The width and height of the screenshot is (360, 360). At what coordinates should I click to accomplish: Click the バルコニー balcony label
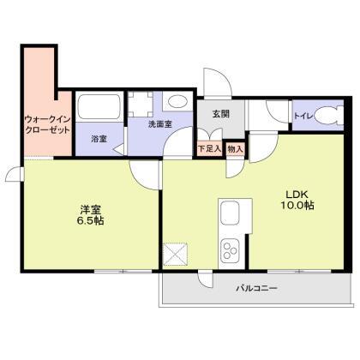257,289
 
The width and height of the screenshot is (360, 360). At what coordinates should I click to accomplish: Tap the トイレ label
303,114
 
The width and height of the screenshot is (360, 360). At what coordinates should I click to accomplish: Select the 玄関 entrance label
210,113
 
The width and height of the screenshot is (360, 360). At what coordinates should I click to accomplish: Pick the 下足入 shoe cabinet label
209,148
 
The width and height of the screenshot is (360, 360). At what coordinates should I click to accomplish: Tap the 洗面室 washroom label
160,125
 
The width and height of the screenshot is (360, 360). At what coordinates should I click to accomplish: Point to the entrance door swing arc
216,86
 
